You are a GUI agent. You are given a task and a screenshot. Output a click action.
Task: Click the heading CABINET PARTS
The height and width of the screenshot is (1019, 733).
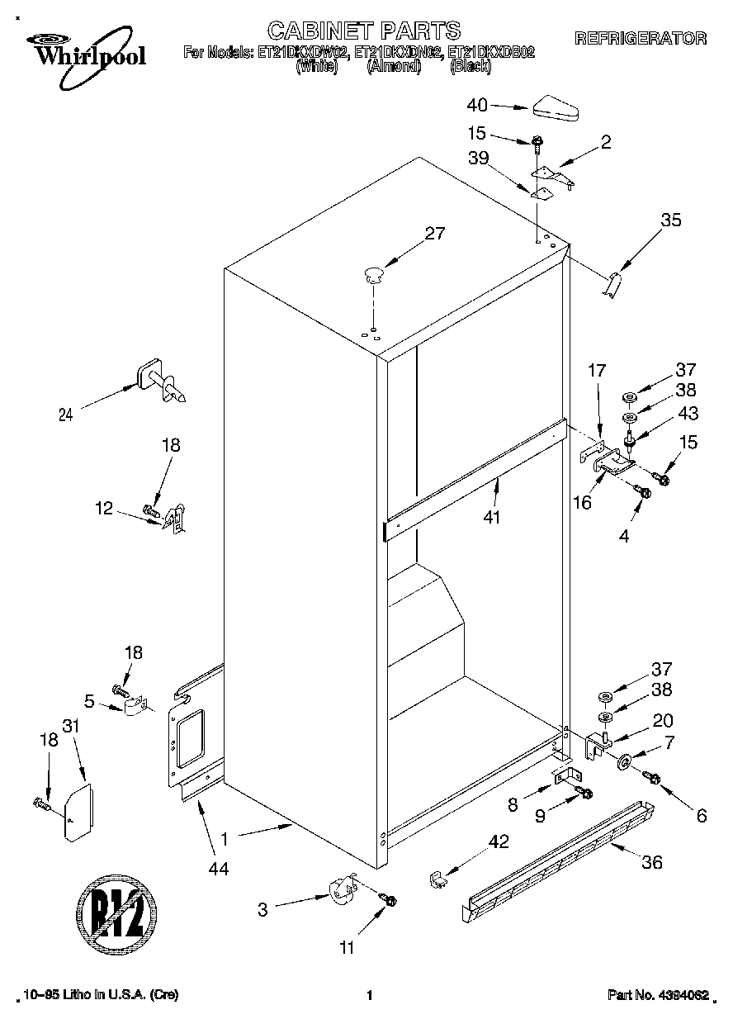(364, 31)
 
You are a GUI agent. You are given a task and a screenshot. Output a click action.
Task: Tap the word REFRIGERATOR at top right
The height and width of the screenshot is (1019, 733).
(640, 38)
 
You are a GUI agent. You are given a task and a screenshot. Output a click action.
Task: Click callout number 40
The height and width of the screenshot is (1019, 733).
(478, 105)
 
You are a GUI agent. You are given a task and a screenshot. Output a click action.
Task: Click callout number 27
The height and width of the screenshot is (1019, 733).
(434, 234)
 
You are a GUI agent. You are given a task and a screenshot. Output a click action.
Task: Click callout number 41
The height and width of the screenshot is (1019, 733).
(494, 518)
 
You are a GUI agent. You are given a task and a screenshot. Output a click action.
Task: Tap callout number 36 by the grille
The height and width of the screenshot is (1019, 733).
(651, 863)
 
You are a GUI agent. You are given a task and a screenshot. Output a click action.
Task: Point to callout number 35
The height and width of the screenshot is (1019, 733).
(671, 220)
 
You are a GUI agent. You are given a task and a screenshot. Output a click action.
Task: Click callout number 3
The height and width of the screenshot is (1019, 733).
(262, 910)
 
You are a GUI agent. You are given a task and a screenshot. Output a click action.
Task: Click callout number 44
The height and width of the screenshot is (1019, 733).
(218, 868)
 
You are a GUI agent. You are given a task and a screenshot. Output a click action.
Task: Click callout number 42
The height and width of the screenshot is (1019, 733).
(499, 842)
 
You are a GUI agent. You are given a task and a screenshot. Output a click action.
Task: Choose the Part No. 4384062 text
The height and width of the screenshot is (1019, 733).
(657, 995)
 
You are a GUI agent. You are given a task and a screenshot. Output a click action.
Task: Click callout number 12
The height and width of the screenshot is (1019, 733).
(104, 509)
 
